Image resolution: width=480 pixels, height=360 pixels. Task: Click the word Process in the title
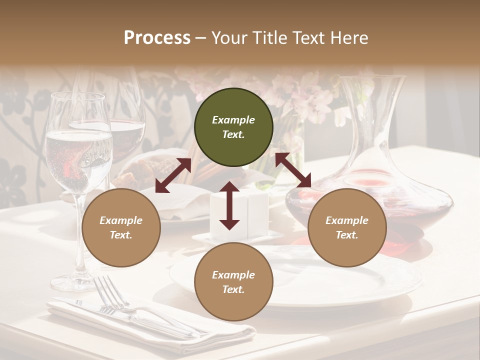click(157, 38)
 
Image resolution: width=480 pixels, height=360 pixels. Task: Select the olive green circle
click(233, 127)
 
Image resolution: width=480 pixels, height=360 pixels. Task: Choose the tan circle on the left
click(121, 228)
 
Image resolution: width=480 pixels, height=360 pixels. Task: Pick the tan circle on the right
click(347, 228)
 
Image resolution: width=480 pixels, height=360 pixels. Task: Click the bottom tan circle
click(233, 282)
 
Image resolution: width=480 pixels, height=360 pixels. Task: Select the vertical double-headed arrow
click(229, 205)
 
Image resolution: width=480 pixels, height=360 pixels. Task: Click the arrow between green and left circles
click(173, 175)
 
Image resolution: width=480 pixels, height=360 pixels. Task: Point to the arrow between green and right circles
click(293, 170)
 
